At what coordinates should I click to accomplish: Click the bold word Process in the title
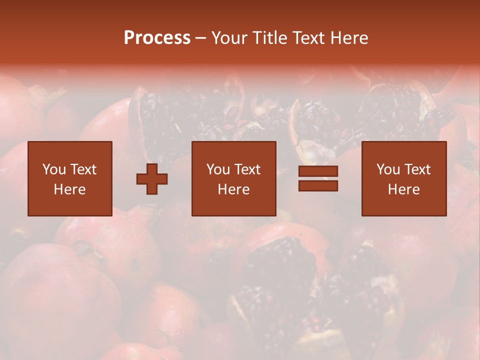point(157,38)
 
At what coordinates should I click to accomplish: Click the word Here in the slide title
point(349,38)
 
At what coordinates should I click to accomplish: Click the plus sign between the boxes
point(152,179)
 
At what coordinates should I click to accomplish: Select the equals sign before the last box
point(318,178)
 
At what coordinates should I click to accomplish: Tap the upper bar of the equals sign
point(318,171)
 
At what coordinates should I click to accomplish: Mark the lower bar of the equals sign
point(318,185)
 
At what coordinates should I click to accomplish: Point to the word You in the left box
point(54,169)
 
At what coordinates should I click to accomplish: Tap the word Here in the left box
point(70,189)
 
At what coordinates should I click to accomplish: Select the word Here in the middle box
point(234,189)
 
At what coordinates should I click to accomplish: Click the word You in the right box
point(388,169)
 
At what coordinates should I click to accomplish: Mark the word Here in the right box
point(404,189)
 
